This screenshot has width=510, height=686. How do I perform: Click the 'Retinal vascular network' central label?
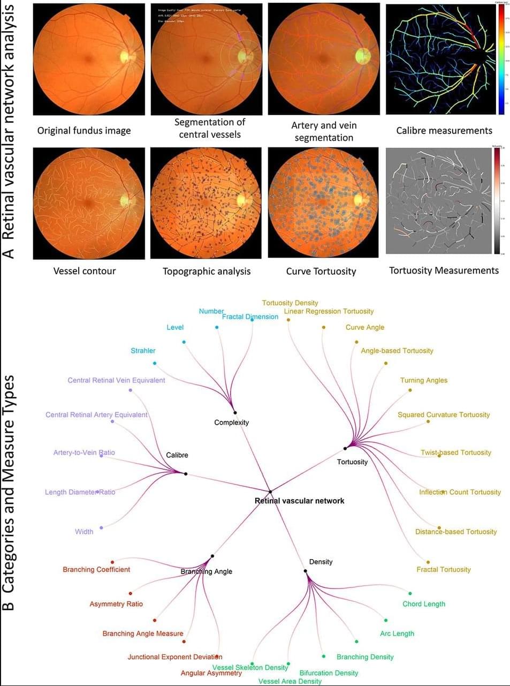click(299, 501)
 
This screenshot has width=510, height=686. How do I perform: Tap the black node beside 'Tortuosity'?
click(345, 448)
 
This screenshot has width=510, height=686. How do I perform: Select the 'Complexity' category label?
click(231, 423)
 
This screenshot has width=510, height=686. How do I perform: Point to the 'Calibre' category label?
click(177, 455)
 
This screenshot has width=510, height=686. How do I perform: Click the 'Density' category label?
click(321, 562)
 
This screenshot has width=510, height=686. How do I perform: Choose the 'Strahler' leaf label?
click(143, 351)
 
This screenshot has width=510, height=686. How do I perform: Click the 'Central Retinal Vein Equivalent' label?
click(116, 380)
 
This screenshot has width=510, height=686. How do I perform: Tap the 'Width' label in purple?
click(84, 532)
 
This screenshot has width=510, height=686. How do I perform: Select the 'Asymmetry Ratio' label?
click(116, 604)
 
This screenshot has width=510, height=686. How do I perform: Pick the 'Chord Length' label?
click(423, 604)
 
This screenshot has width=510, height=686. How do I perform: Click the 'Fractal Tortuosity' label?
click(444, 569)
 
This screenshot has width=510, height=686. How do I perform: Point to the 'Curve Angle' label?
click(364, 327)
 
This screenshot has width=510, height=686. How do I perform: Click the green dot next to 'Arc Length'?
click(385, 620)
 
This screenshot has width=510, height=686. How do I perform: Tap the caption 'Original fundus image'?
click(83, 130)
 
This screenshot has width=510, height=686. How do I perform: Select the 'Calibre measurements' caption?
click(444, 130)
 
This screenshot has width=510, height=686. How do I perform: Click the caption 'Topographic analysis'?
click(206, 271)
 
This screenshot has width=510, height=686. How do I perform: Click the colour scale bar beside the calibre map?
click(501, 59)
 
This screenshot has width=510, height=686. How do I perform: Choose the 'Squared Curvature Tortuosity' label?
click(443, 414)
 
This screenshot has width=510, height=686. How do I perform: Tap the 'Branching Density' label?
click(365, 657)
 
